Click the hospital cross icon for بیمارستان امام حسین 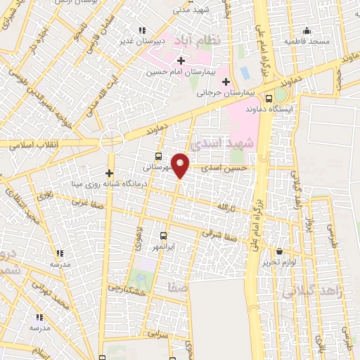181,60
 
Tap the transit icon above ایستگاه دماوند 270,99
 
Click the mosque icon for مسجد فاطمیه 306,31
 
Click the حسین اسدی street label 224,169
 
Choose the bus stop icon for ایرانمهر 164,236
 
